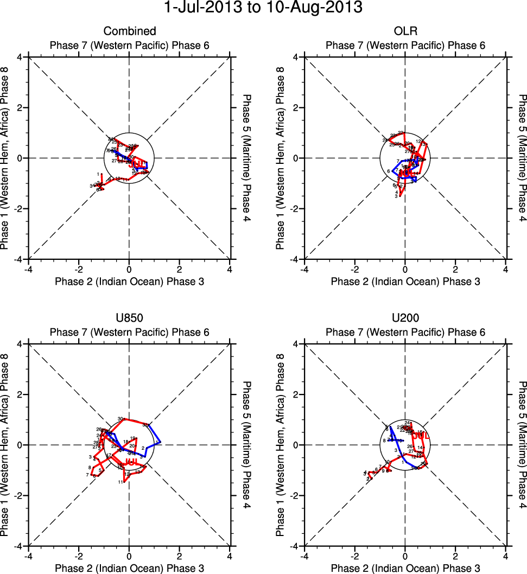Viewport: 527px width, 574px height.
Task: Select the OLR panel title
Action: click(x=405, y=31)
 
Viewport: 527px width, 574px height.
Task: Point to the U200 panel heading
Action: click(x=405, y=318)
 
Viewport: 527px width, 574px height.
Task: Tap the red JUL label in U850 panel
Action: click(x=131, y=462)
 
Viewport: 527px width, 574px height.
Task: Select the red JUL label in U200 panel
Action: click(x=421, y=435)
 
